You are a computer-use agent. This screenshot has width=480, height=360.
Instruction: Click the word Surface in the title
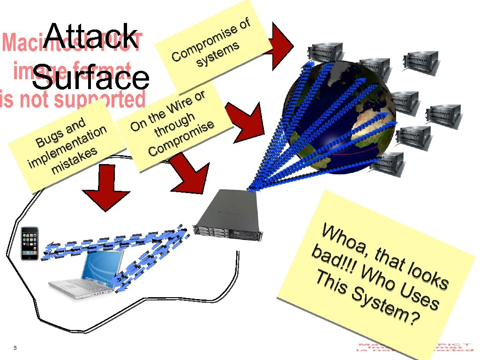point(91,77)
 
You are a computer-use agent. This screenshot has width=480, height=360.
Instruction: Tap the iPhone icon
point(30,243)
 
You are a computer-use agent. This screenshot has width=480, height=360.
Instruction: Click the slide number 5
point(15,347)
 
